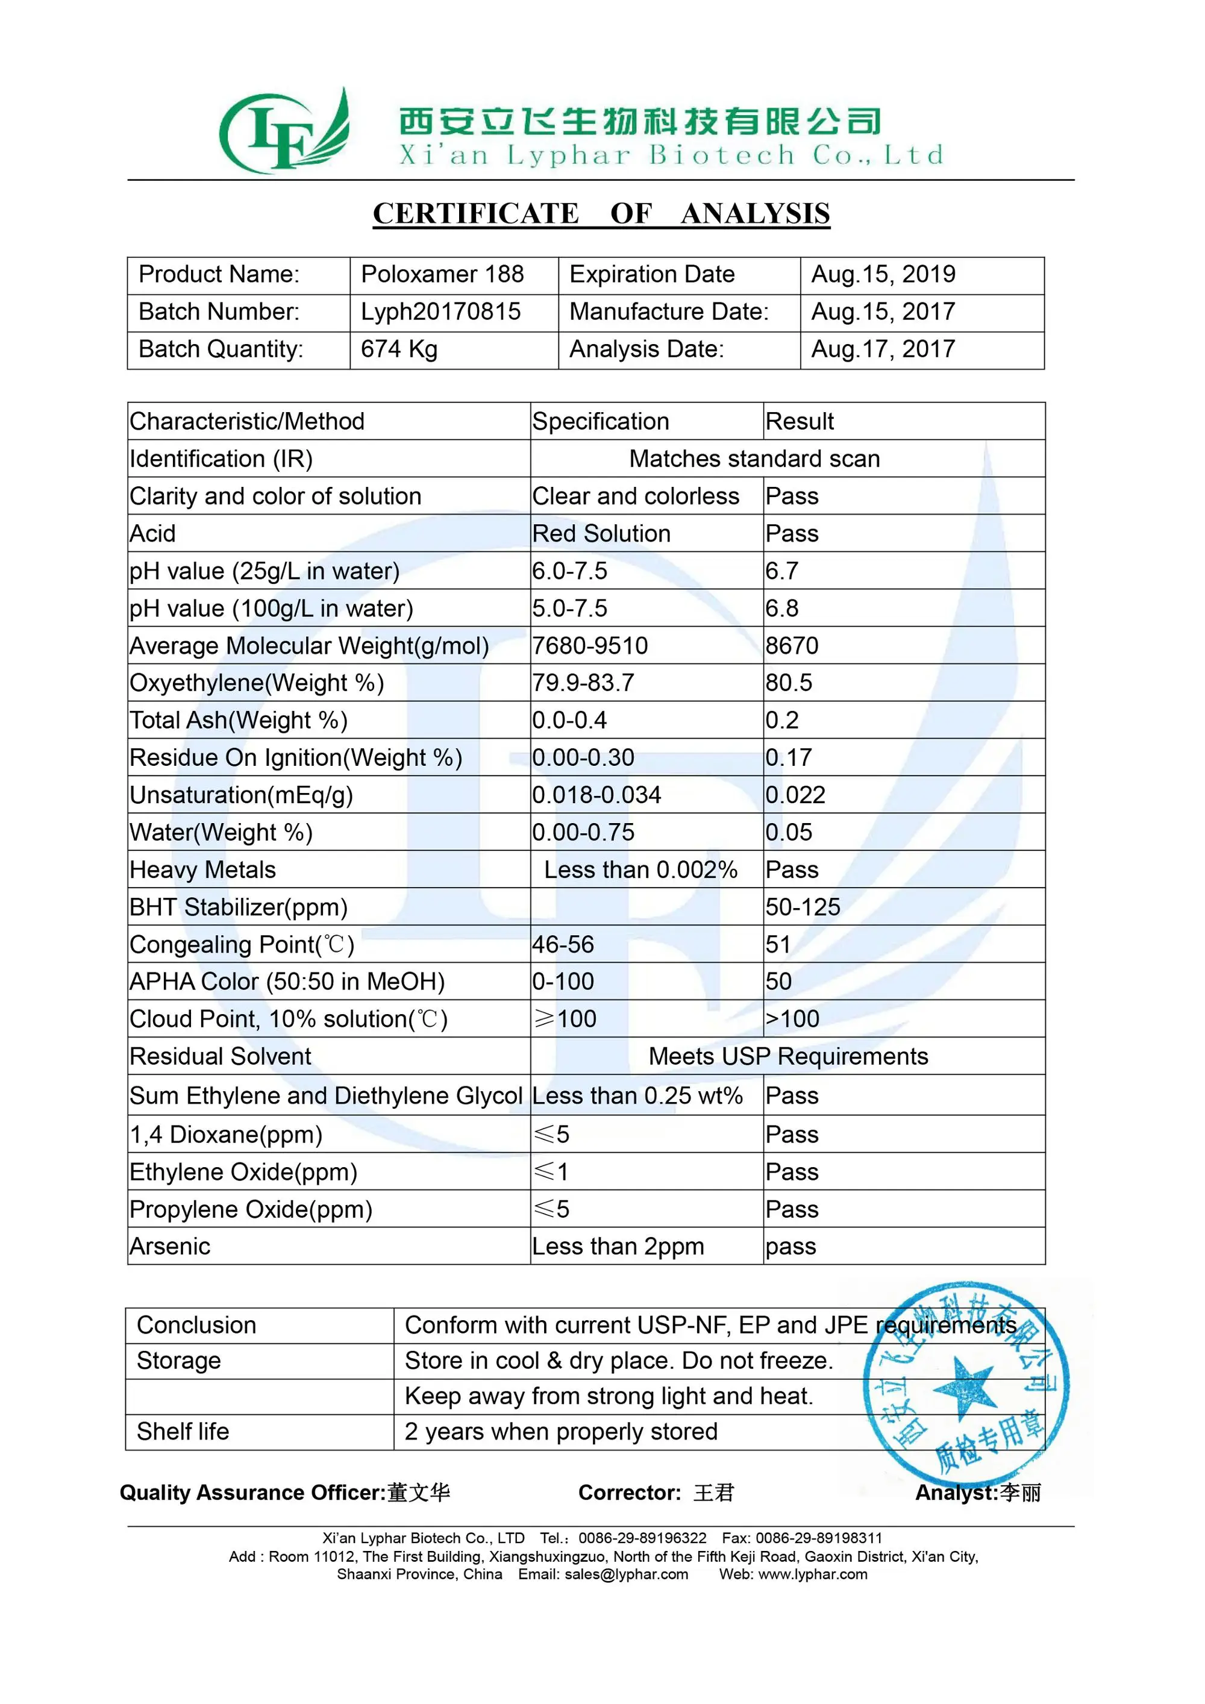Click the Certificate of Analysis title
[601, 214]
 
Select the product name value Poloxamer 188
[442, 275]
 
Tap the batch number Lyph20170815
[441, 312]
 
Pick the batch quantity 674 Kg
[399, 349]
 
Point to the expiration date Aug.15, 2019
[883, 275]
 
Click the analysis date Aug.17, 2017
[883, 349]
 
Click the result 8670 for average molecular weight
[792, 646]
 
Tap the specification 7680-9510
[590, 646]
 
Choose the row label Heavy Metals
[202, 870]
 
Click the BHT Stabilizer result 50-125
[803, 907]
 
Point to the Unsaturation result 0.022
[795, 795]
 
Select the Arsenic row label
[170, 1246]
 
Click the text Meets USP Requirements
[788, 1056]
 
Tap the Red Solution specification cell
[601, 534]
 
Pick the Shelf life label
[183, 1432]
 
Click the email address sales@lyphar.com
[626, 1574]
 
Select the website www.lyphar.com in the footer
[813, 1574]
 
